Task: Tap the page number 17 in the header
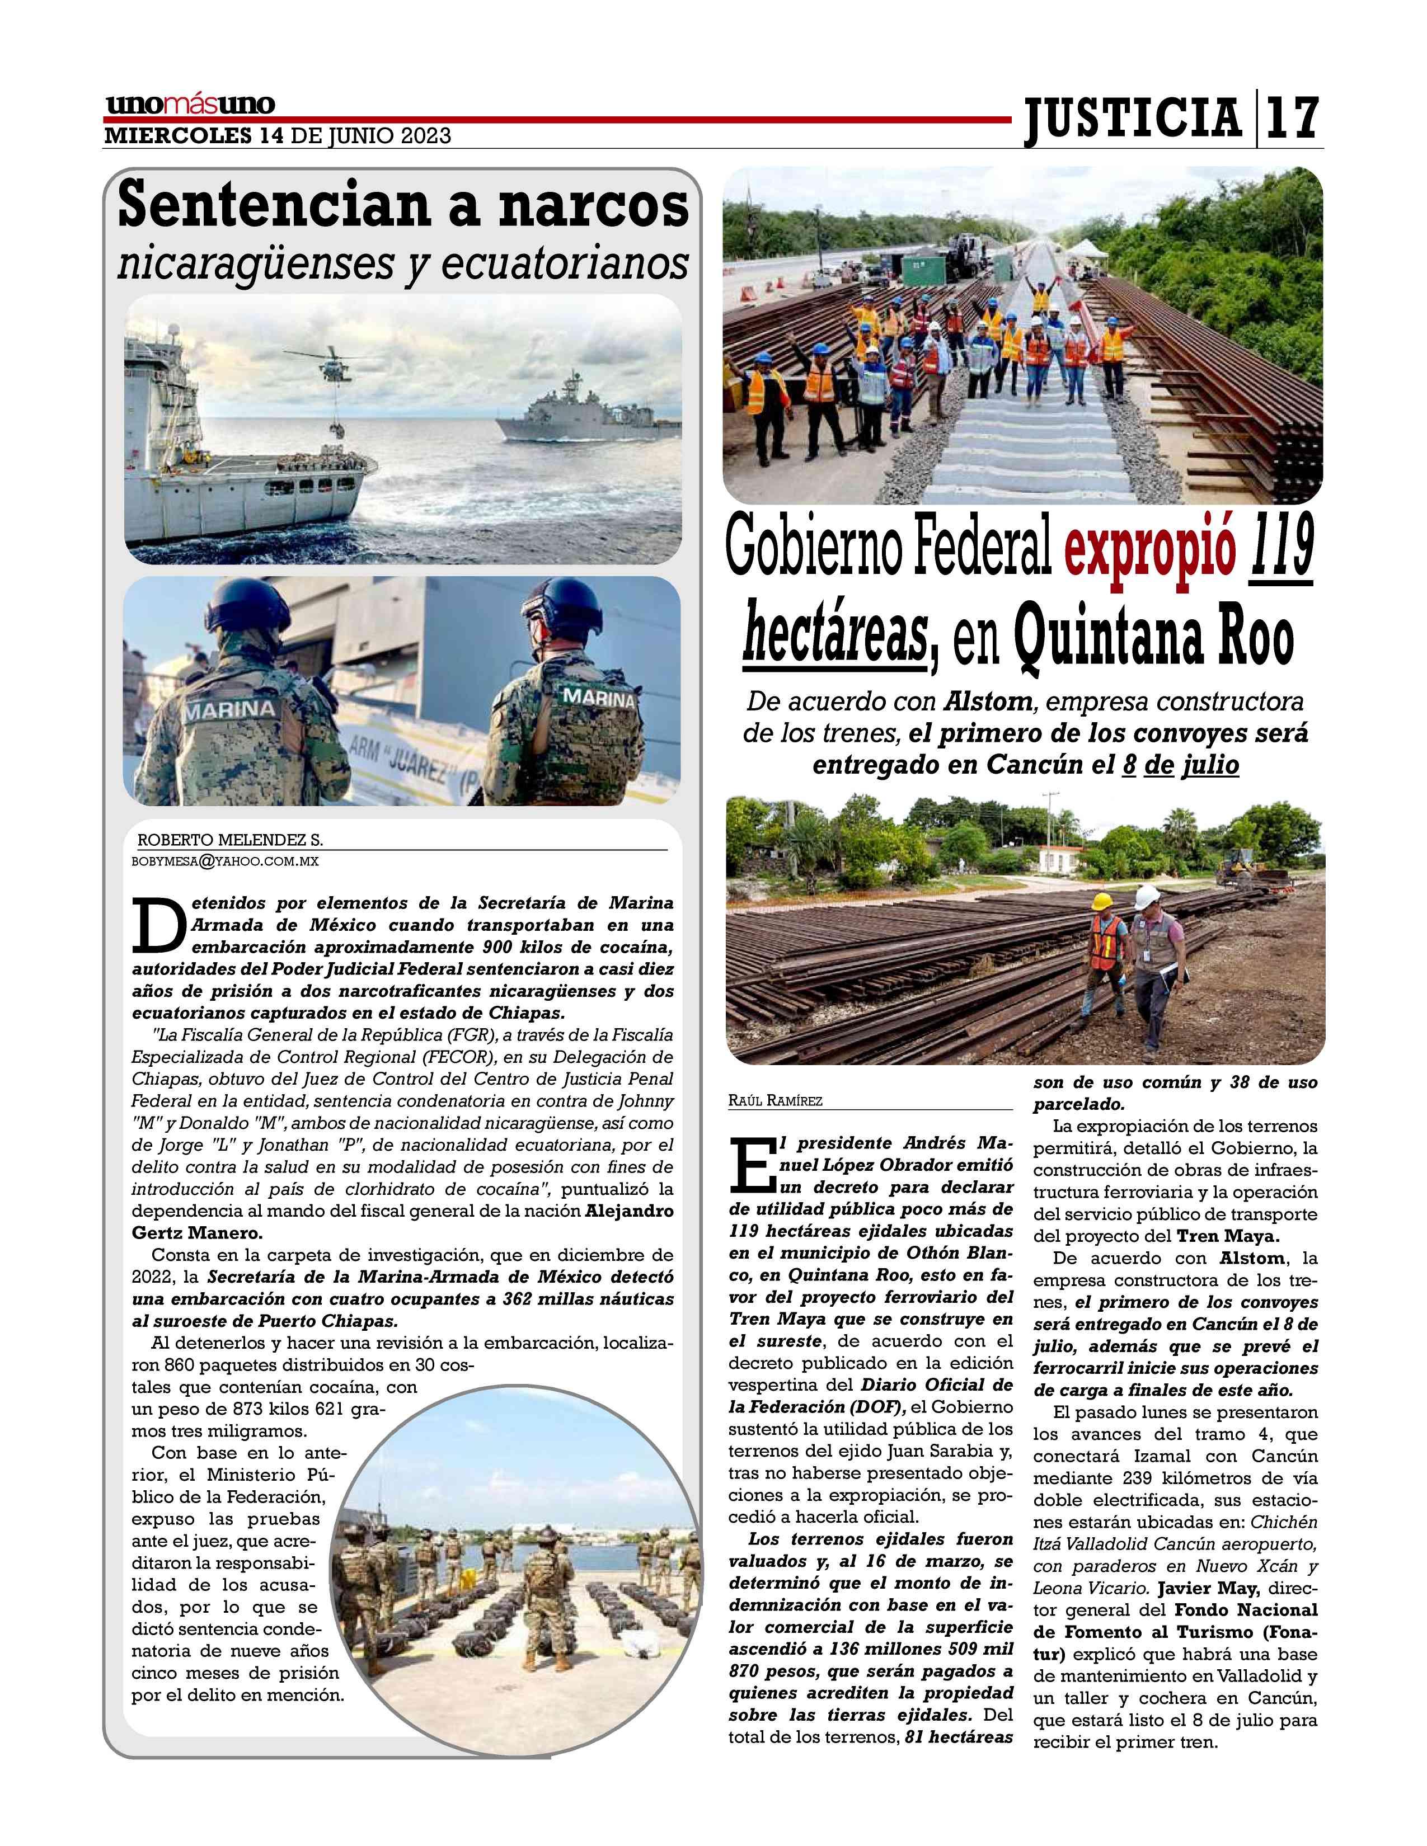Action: point(1292,119)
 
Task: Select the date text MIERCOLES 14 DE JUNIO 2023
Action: point(277,136)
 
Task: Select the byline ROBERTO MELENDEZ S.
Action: point(230,840)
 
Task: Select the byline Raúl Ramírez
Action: point(774,1100)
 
